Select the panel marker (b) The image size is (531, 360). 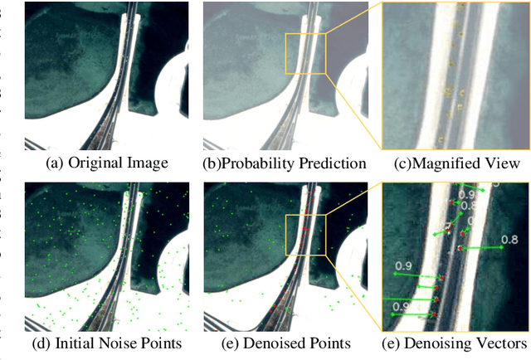tap(213, 163)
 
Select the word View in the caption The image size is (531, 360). tap(503, 163)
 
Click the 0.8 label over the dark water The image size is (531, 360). tap(509, 241)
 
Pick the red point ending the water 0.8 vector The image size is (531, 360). tap(458, 249)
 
